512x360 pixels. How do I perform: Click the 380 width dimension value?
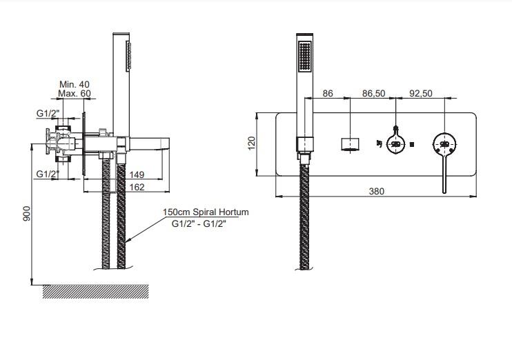click(x=377, y=191)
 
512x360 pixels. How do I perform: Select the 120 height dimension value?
click(x=251, y=143)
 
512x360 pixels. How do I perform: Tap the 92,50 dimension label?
click(x=421, y=94)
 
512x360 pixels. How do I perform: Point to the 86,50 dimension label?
click(x=373, y=94)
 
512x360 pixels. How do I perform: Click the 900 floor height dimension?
click(x=26, y=214)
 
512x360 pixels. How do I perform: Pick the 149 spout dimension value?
click(x=137, y=174)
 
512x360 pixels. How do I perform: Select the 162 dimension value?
click(x=137, y=187)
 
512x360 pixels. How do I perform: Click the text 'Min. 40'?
click(x=75, y=85)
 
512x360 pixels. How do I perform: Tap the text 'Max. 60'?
click(x=75, y=94)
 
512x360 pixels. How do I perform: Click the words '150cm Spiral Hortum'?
click(x=206, y=212)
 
